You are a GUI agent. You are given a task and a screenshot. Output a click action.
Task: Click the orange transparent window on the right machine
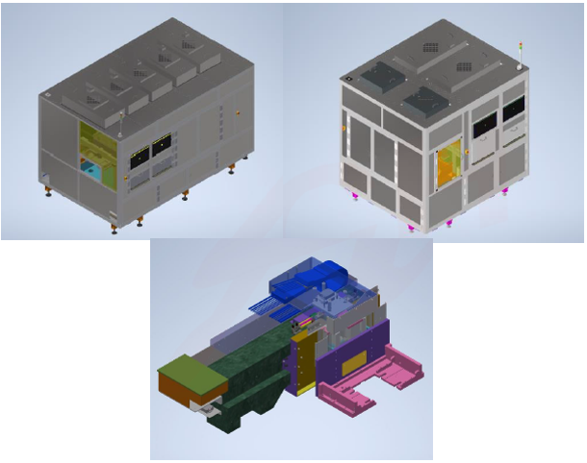click(x=449, y=165)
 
